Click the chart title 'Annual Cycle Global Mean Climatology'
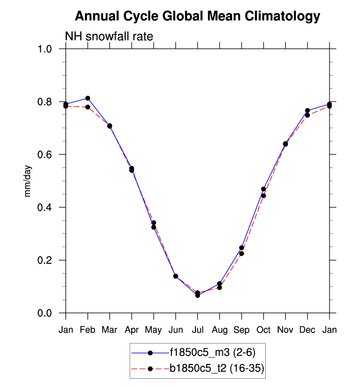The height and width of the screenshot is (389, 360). point(197,17)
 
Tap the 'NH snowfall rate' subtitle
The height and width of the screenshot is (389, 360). point(109,37)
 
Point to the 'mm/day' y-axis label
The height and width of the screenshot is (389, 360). point(28,181)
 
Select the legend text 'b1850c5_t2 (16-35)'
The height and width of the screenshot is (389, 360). point(217,368)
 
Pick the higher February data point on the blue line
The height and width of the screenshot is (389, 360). point(87,98)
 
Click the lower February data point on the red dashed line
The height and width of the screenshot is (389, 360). point(87,107)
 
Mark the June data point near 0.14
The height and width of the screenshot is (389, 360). point(175,276)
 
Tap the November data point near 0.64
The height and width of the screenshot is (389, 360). point(285,144)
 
